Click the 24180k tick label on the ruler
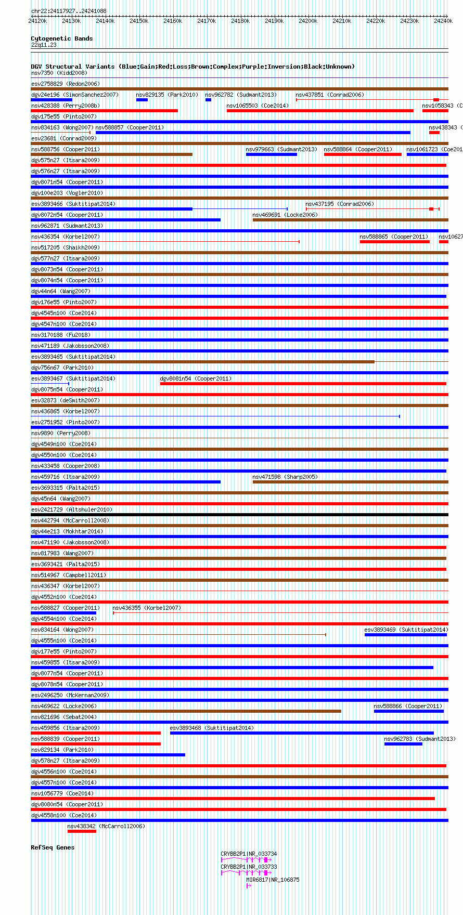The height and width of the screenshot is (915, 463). point(240,21)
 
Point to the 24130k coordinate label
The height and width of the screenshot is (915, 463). point(71,21)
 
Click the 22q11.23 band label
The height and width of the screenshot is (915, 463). point(44,45)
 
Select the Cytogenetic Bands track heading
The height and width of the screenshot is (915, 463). point(61,38)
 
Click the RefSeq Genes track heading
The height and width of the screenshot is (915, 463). point(53,847)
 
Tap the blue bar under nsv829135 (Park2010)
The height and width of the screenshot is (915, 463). point(142,100)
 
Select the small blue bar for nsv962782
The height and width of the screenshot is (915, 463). point(208,100)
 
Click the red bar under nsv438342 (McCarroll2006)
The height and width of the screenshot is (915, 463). point(82,831)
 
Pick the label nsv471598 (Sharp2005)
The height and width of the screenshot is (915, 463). point(285,477)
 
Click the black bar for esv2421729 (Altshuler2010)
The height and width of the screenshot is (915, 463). point(239,515)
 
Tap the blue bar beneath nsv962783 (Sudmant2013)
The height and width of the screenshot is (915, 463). point(403,744)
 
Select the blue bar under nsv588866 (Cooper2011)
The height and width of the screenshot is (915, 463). point(408,711)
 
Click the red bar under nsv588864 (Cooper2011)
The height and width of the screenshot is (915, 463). point(363,154)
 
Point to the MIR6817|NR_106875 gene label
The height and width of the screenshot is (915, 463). point(273,880)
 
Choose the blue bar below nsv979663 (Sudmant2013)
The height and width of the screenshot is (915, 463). point(272,154)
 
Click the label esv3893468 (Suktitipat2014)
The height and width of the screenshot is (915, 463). point(212,728)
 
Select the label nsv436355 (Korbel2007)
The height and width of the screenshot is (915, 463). point(147,608)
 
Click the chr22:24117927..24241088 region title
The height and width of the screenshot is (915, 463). point(69,11)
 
